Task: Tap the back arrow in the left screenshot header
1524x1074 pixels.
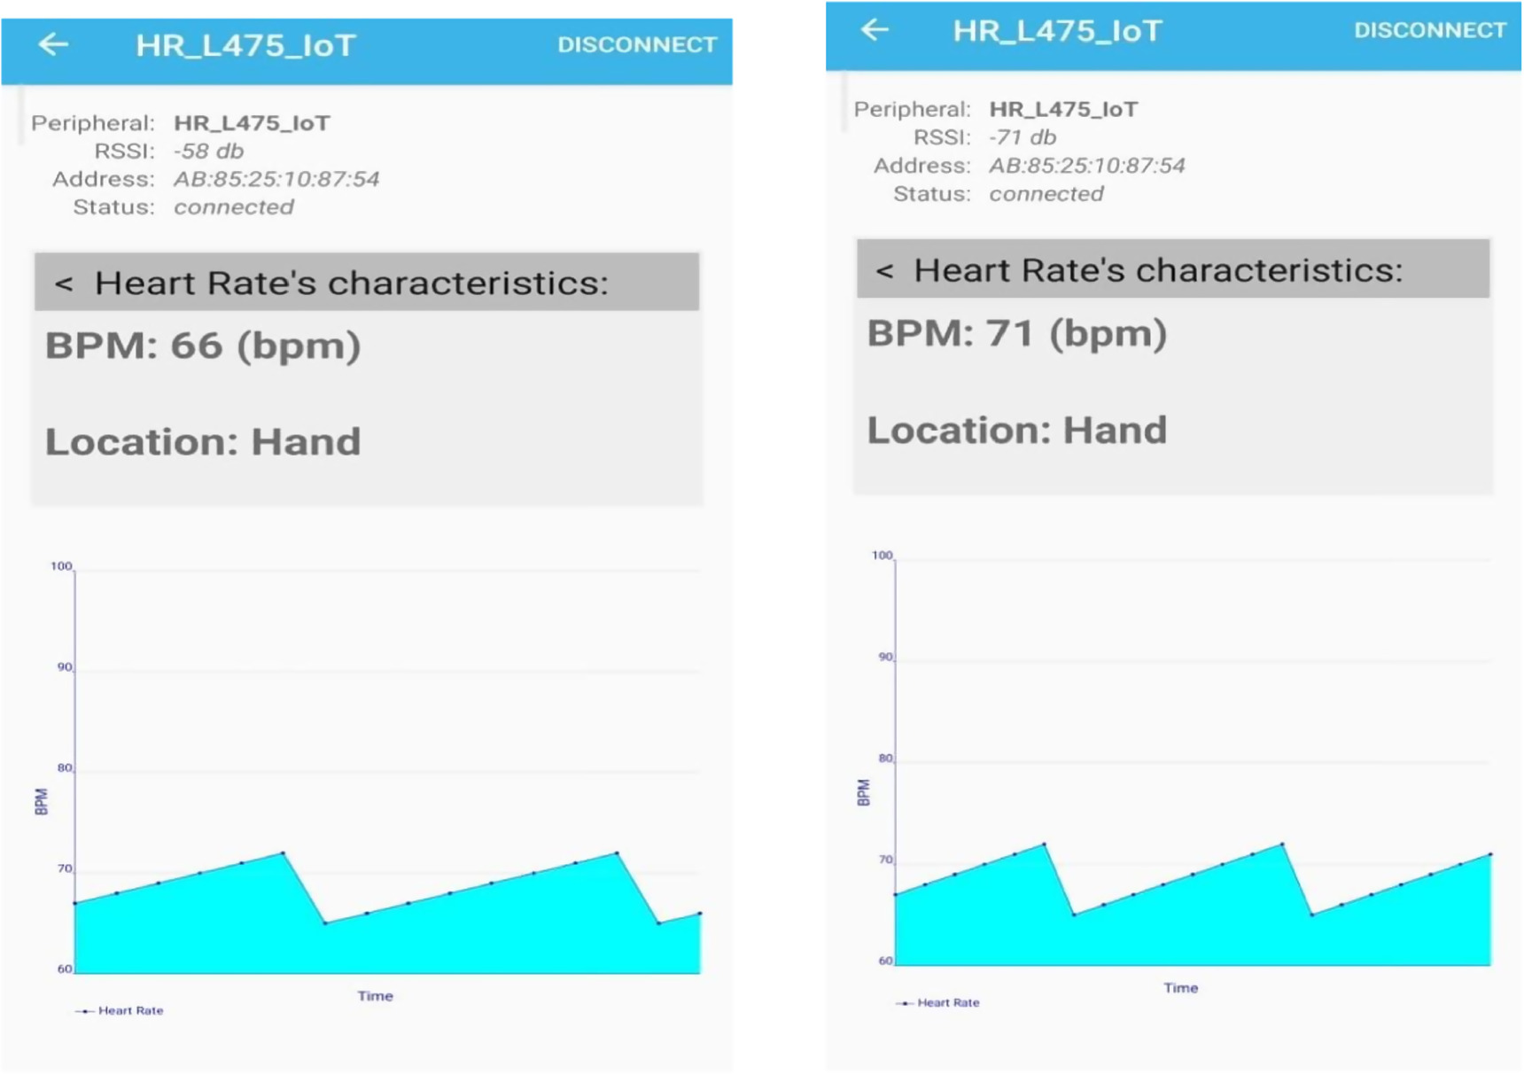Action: [54, 44]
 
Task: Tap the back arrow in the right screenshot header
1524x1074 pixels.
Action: [875, 30]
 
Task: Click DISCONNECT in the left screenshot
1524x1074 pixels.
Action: [636, 45]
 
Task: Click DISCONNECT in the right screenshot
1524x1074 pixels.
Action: [1429, 30]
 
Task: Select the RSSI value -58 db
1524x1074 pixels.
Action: [208, 151]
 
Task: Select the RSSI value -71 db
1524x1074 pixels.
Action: [1022, 137]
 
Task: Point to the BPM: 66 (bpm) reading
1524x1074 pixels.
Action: [203, 346]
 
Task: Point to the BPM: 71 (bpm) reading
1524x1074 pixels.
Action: [1016, 333]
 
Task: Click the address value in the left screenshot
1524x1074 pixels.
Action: [276, 179]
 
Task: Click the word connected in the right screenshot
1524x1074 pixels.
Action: [1046, 194]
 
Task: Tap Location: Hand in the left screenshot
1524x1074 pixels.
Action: [203, 441]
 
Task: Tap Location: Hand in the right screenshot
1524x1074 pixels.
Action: [1016, 430]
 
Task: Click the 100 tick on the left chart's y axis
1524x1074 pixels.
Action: [61, 566]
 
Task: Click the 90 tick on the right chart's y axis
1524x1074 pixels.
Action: [885, 658]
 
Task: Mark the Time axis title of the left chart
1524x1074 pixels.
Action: [375, 996]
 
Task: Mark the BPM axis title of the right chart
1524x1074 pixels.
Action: [864, 792]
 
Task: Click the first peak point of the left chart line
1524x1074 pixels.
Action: [283, 852]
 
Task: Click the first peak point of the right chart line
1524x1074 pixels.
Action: [1045, 844]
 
